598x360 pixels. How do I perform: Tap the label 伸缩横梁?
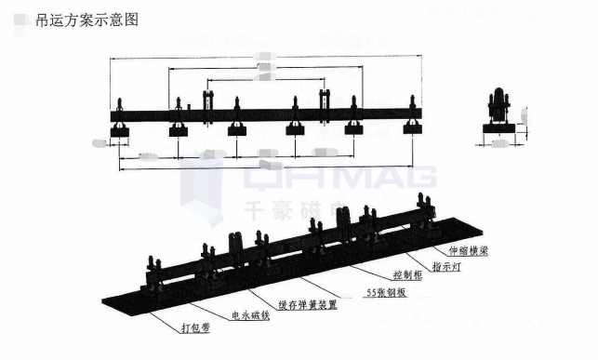coord(467,250)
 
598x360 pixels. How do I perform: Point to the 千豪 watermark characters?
coord(270,210)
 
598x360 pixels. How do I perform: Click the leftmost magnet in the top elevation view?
coord(120,131)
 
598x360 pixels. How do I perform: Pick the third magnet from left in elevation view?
coord(237,130)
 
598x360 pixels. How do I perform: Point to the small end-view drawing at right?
coord(502,115)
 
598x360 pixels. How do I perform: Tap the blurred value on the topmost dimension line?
coord(264,57)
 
